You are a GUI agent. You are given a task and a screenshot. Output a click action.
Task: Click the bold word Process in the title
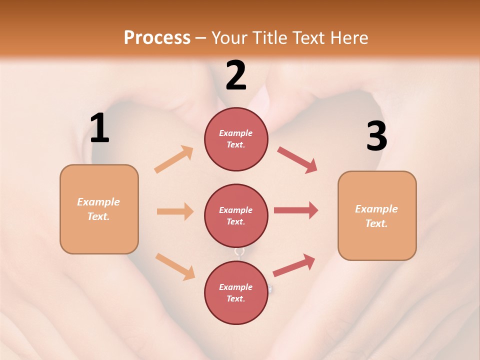157,37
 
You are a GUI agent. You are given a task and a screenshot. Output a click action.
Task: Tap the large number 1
99,128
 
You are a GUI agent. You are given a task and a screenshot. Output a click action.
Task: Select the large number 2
236,75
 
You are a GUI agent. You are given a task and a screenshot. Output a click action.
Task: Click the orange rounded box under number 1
99,209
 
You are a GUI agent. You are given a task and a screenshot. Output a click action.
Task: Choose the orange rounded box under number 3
377,215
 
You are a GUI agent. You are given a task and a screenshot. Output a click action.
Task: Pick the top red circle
236,139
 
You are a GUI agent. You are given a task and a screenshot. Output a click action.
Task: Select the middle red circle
236,216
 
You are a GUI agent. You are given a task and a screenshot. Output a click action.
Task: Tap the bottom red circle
236,293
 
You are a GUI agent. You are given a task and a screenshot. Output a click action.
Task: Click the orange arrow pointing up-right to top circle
174,159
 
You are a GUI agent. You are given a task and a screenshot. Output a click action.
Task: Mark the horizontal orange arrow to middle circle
175,211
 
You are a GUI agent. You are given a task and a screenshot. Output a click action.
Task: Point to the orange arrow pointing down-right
175,266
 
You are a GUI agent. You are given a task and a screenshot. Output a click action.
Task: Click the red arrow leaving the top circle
297,160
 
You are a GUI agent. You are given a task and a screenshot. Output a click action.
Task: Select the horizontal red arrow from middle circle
296,210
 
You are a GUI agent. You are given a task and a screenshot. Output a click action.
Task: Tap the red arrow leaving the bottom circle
294,265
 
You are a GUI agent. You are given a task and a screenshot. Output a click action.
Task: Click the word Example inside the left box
98,202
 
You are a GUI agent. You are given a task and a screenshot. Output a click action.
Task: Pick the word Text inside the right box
376,223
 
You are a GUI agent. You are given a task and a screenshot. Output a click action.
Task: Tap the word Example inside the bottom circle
235,287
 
